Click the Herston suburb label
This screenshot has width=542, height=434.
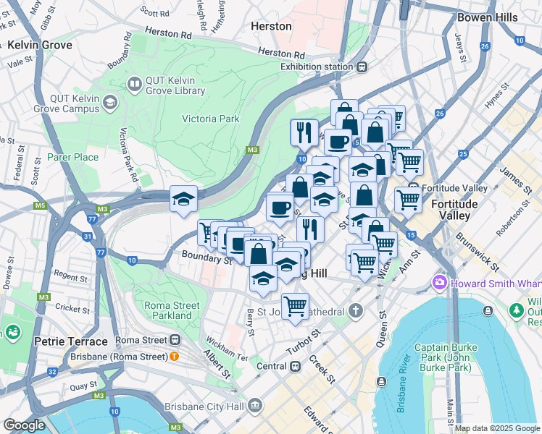(x=270, y=26)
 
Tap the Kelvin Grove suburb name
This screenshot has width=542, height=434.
(x=40, y=45)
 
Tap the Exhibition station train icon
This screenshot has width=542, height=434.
(x=361, y=67)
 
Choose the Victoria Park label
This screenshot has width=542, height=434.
(x=210, y=119)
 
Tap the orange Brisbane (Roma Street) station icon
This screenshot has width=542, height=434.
(x=174, y=357)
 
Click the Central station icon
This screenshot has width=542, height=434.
(x=295, y=366)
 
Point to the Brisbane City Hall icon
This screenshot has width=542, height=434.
(x=254, y=407)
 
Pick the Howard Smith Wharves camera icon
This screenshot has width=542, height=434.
(x=439, y=281)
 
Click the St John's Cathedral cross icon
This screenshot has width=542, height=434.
(x=354, y=311)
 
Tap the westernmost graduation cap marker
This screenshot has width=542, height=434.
(x=183, y=199)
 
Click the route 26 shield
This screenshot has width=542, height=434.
(x=439, y=114)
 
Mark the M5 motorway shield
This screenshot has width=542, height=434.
(x=39, y=206)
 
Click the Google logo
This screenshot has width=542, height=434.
(x=24, y=425)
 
